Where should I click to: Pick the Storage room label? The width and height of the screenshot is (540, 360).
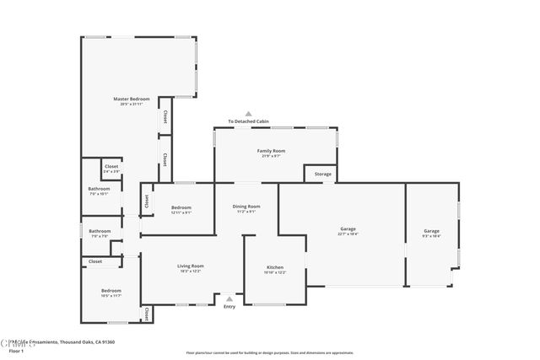(323, 175)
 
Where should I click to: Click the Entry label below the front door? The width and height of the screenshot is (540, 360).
(229, 307)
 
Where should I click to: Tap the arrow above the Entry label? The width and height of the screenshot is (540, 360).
(229, 298)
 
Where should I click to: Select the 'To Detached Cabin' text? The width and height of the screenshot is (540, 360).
(249, 121)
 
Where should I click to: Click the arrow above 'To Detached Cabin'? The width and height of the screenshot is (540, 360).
(249, 113)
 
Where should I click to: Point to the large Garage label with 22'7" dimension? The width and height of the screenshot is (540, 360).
(348, 231)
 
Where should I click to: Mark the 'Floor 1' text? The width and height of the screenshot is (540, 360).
(17, 350)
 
